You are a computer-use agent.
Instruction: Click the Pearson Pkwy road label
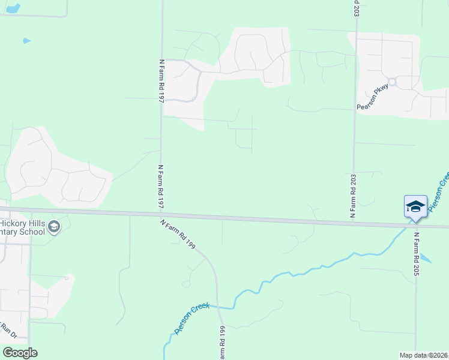coord(373,97)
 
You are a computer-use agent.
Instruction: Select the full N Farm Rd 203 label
coord(354,196)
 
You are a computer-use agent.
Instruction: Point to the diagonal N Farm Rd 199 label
coord(178,233)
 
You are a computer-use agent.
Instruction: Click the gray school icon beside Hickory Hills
coord(54,227)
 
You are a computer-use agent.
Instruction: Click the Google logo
coord(20,353)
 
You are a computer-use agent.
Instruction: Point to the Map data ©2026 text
coord(423,355)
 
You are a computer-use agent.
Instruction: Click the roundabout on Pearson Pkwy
coord(393,82)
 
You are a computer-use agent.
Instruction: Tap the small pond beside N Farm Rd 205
coord(426,259)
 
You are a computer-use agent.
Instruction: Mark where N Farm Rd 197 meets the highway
coord(160,213)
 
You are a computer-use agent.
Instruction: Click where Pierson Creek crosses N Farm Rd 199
coord(218,307)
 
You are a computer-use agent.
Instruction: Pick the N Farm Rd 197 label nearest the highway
coord(161,188)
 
